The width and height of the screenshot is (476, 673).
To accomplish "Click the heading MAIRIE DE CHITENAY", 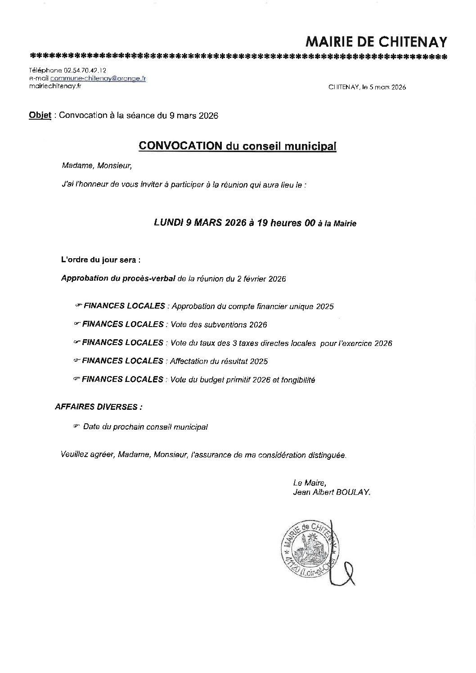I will point(376,42).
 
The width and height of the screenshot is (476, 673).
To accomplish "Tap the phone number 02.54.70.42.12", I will point(85,71).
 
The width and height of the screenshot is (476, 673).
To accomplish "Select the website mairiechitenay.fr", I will point(55,86).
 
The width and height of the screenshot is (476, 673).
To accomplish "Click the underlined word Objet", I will point(40,116).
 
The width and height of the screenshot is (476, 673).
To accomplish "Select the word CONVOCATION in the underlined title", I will point(180,146).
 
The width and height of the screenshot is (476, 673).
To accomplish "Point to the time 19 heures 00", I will point(286,222).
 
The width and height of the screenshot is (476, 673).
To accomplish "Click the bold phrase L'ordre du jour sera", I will point(100,260).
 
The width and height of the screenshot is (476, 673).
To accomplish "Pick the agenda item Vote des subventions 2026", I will point(219,325).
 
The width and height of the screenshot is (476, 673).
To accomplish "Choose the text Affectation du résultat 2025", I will point(219,361).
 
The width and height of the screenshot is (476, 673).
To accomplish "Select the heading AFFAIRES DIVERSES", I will point(99,407).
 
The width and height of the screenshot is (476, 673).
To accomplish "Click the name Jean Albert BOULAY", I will point(332,492).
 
